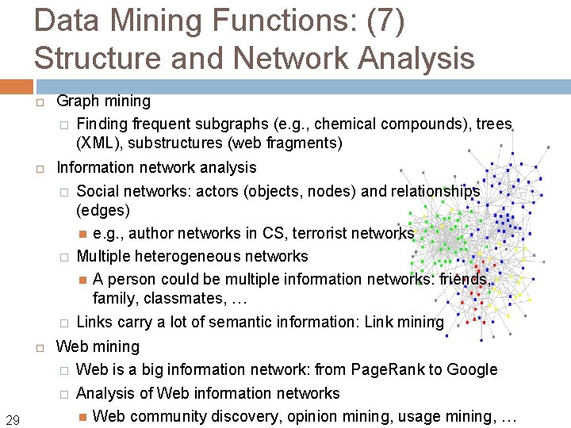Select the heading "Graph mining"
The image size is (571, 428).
[103, 101]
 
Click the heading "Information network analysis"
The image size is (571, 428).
[156, 167]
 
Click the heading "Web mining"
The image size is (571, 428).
[98, 346]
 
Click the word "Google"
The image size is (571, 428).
[473, 369]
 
